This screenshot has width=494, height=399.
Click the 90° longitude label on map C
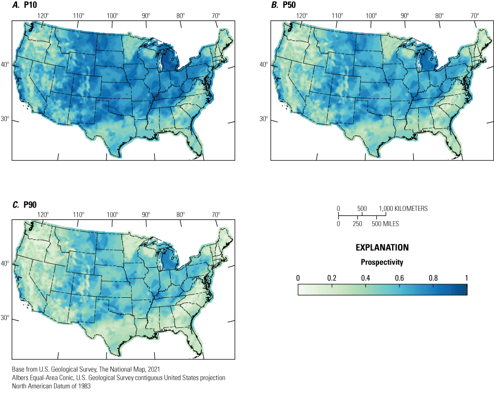coord(146,214)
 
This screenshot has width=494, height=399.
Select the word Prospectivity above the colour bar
coord(382,263)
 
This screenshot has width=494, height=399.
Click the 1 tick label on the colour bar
coord(467,278)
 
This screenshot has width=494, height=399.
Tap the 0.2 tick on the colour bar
coord(332,278)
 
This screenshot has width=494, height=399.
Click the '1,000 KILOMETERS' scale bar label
coord(402,209)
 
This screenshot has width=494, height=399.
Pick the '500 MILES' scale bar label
coord(385,224)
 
